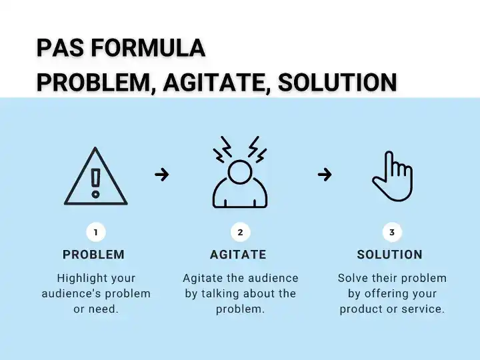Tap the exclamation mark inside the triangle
96,182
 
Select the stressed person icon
240,180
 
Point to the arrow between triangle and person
161,175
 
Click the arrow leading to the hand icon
325,175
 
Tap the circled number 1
96,232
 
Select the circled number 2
240,232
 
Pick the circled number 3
391,232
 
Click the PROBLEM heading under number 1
93,255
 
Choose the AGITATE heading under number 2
238,255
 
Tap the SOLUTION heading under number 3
390,255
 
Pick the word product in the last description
361,309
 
